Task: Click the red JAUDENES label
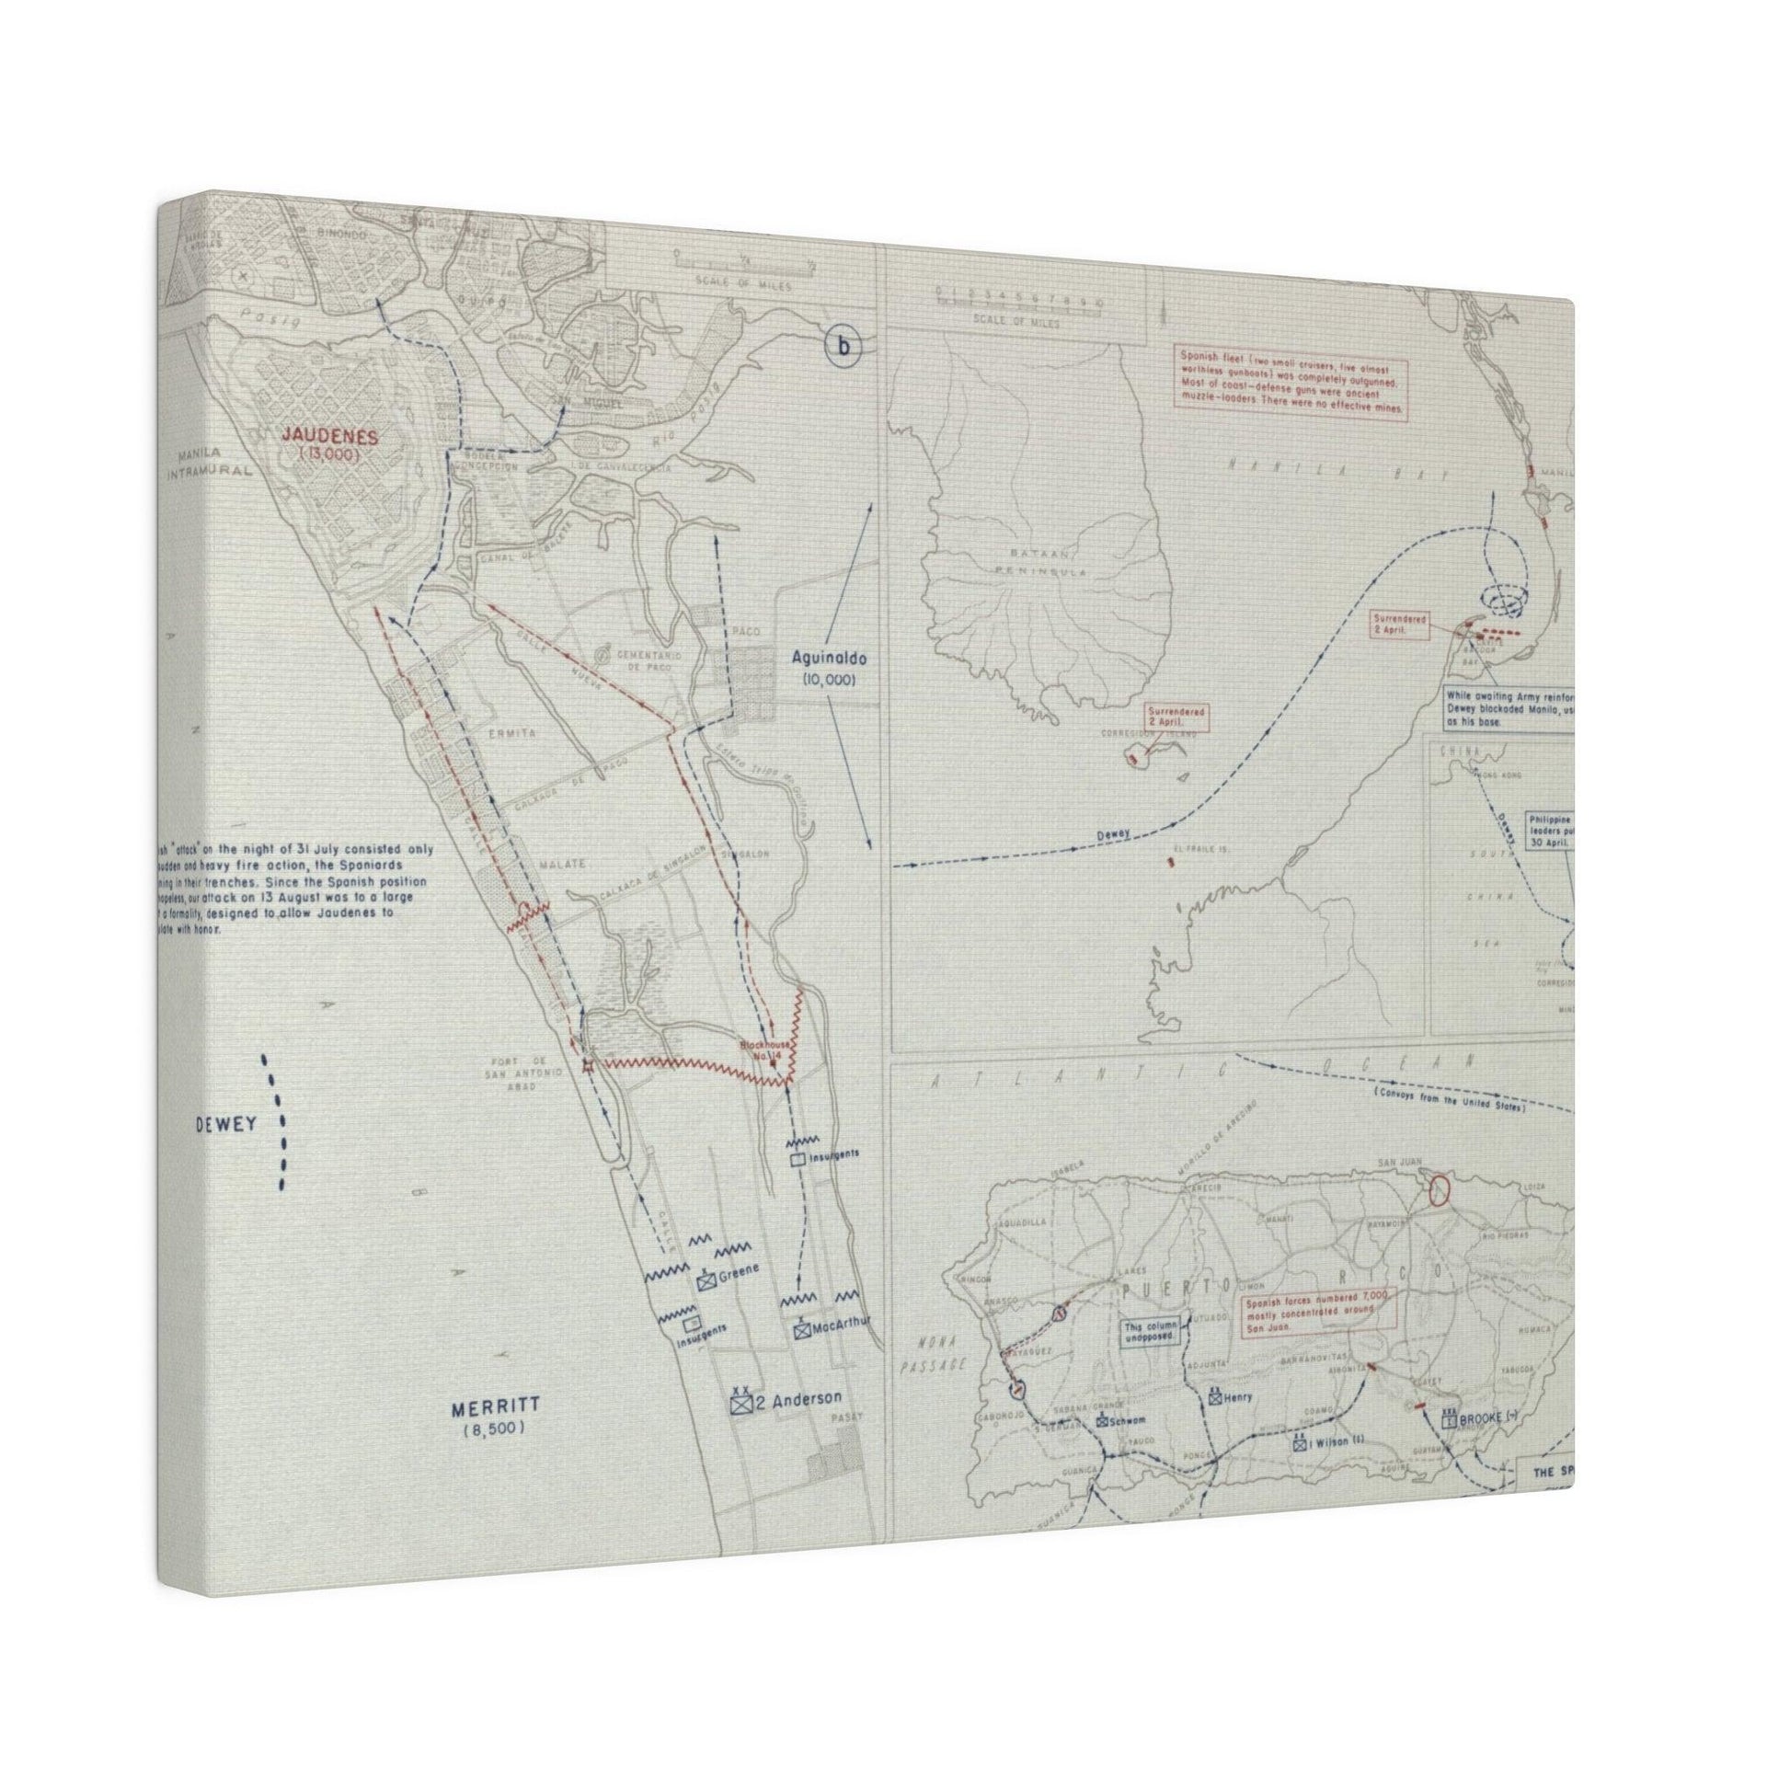tap(331, 436)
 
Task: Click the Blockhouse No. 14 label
tap(764, 1050)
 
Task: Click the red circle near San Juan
tap(1438, 1189)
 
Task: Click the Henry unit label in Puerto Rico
tap(1238, 1397)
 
